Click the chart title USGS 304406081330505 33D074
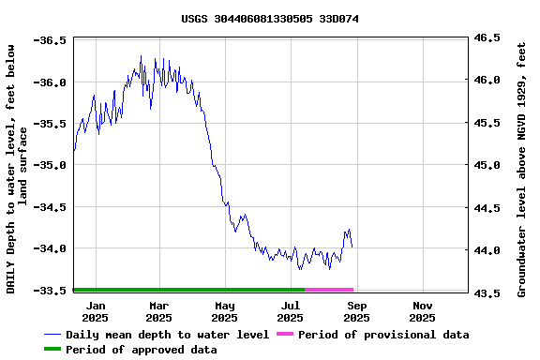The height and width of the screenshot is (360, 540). pyautogui.click(x=270, y=19)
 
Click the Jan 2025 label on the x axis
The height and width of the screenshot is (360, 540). pyautogui.click(x=96, y=311)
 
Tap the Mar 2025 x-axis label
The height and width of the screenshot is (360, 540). pyautogui.click(x=158, y=311)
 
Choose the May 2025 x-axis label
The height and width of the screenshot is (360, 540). pyautogui.click(x=225, y=311)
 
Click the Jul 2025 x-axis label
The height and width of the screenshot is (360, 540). pyautogui.click(x=291, y=311)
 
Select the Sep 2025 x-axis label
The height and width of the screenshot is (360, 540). pyautogui.click(x=356, y=311)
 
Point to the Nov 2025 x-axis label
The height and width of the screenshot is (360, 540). pyautogui.click(x=423, y=311)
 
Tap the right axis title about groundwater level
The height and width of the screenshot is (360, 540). pyautogui.click(x=522, y=167)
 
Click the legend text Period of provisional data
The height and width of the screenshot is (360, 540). pyautogui.click(x=384, y=335)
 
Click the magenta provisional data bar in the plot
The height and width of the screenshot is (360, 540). pyautogui.click(x=329, y=290)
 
